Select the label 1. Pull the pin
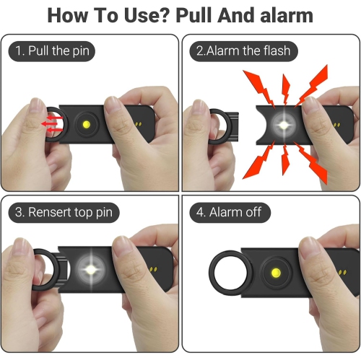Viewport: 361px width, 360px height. (x=53, y=51)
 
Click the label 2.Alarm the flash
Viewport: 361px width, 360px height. (x=243, y=51)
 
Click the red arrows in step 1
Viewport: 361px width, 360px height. (x=49, y=123)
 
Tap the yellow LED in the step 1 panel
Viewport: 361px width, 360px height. (x=89, y=124)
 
